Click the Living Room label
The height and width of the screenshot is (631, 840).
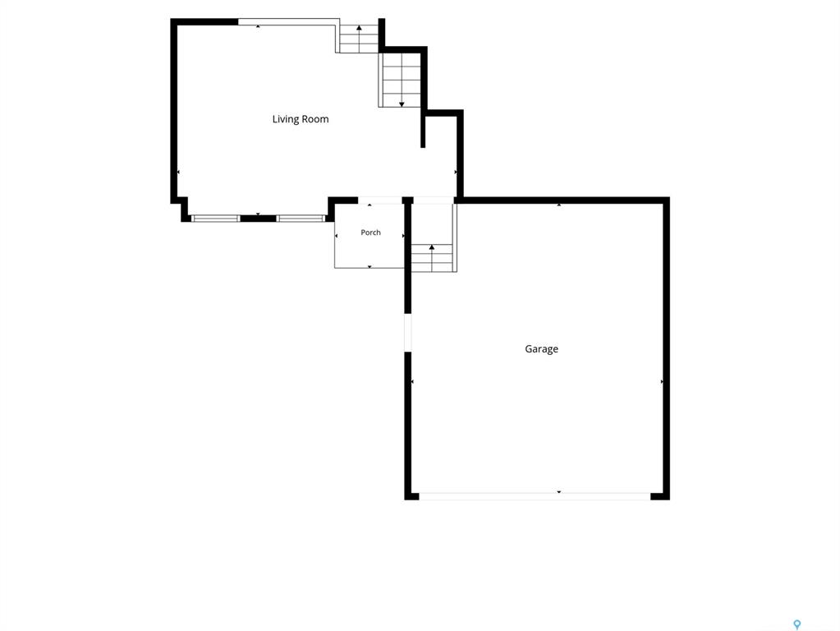[x=301, y=119]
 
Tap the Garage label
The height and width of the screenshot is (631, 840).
[x=542, y=349]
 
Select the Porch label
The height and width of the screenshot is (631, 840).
[x=370, y=233]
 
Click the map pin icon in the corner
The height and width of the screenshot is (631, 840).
[x=797, y=624]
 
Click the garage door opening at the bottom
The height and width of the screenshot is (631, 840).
[x=535, y=496]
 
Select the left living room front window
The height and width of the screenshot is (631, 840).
[x=216, y=219]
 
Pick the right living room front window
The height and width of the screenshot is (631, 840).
[x=301, y=219]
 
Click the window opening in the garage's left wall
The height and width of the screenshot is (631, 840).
[x=407, y=333]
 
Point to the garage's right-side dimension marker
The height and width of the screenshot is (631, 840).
[x=662, y=382]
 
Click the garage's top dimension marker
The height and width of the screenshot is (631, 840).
[x=559, y=205]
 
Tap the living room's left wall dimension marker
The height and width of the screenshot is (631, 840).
[x=178, y=172]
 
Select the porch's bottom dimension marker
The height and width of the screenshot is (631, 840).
[x=370, y=266]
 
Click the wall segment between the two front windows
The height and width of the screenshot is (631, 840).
[x=258, y=219]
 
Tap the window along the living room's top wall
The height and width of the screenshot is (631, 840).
[x=288, y=22]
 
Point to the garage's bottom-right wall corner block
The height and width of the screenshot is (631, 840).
[x=660, y=496]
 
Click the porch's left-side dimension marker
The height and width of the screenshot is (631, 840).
[x=337, y=236]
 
